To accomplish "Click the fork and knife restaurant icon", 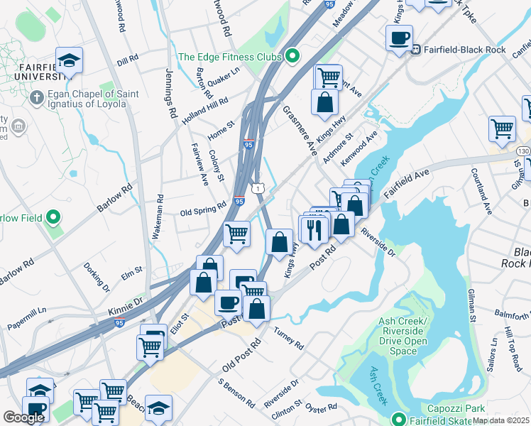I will click(314, 229).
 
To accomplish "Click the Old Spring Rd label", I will click(203, 212).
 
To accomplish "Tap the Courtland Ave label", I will click(481, 192).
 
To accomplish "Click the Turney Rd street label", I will click(288, 339).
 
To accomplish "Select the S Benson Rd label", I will click(236, 392).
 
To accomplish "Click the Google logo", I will click(23, 417).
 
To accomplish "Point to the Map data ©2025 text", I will click(500, 420).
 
